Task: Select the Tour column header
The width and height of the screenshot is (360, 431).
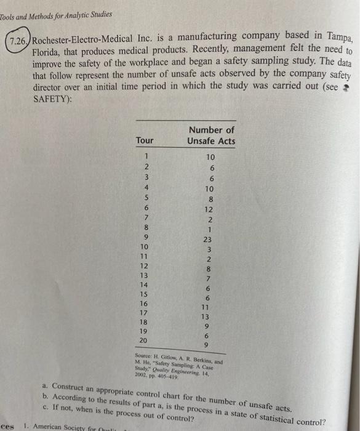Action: pos(145,140)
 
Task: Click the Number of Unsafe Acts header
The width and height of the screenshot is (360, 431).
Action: pos(212,135)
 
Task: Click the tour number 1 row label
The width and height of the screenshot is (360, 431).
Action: pos(146,156)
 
